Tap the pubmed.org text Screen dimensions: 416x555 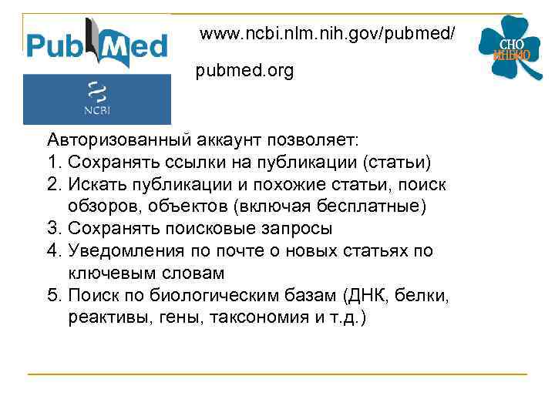[x=244, y=71]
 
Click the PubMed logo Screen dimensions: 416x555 [x=96, y=45]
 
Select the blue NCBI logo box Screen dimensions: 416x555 [x=96, y=99]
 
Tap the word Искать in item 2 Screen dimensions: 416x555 [x=95, y=185]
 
